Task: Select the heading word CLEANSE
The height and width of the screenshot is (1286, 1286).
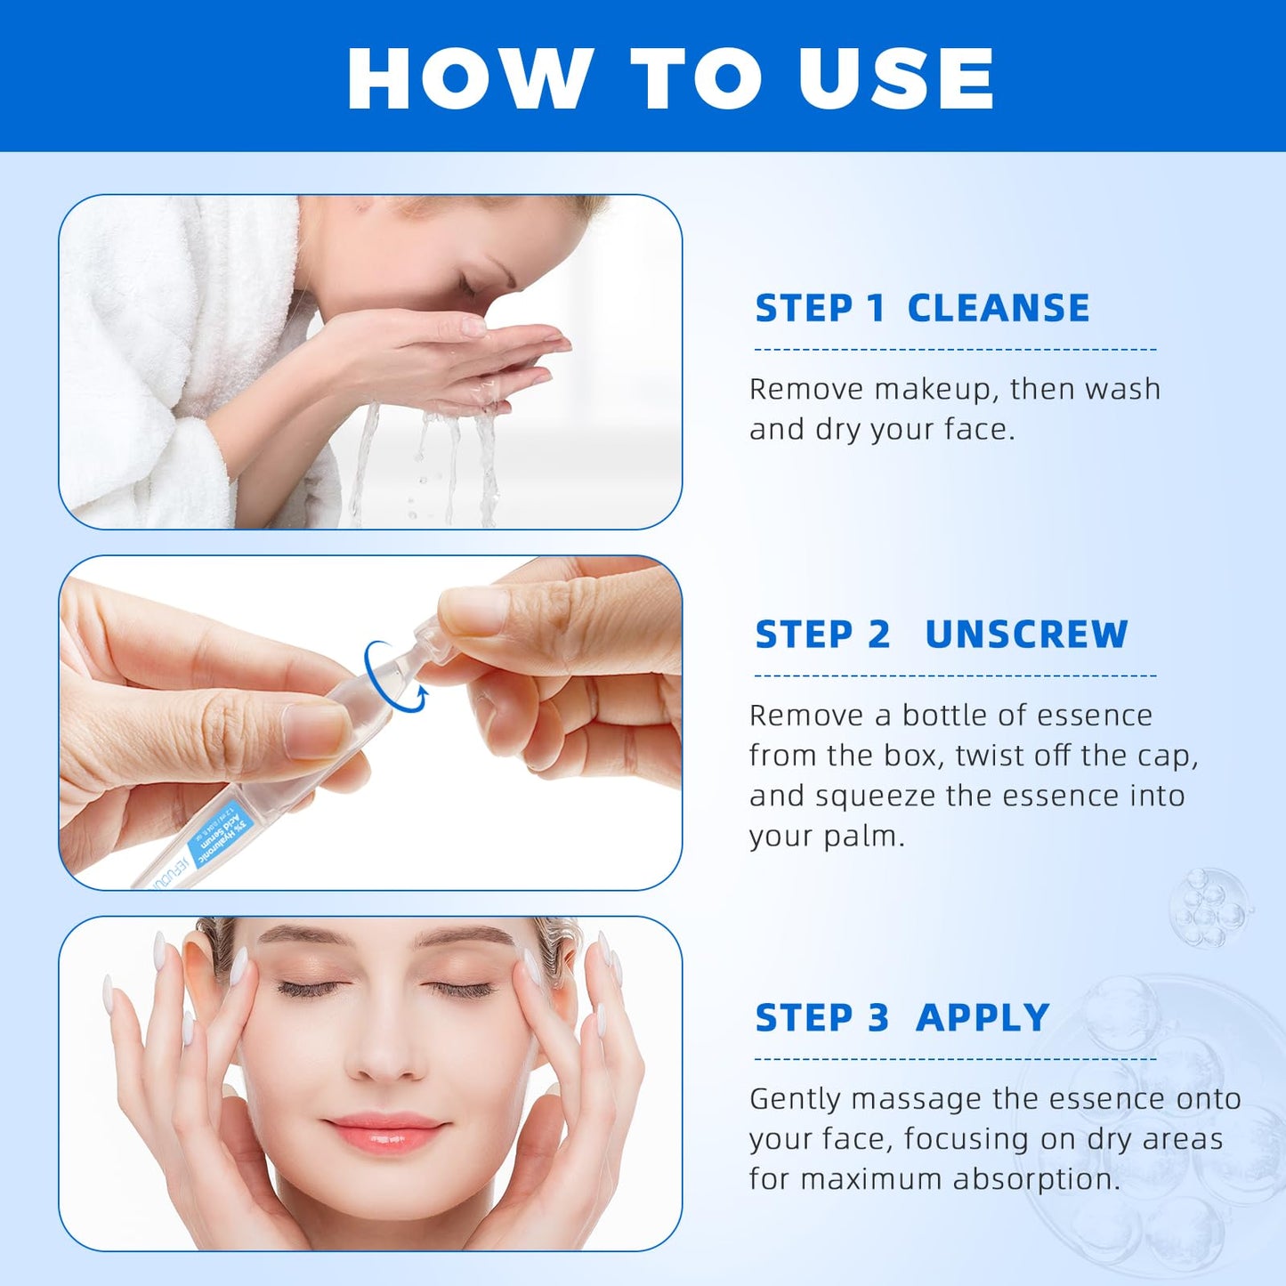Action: click(x=998, y=309)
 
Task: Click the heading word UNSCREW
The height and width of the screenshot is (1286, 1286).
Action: click(x=1026, y=635)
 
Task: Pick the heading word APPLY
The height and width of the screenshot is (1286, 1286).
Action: click(x=983, y=1017)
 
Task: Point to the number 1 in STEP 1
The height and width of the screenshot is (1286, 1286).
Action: click(x=876, y=309)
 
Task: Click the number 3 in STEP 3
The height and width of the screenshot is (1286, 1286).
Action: click(x=878, y=1017)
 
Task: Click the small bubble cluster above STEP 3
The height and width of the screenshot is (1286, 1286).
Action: click(x=1209, y=908)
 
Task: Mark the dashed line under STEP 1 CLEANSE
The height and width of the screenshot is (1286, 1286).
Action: click(x=954, y=350)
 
